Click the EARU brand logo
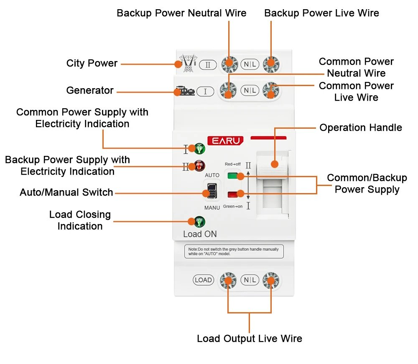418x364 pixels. point(225,141)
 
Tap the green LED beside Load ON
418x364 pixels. point(199,221)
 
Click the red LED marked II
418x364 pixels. point(199,166)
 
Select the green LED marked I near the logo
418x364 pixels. point(199,148)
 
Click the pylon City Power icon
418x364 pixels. point(186,64)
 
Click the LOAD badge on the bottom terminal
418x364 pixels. point(203,280)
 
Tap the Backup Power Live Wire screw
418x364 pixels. point(271,64)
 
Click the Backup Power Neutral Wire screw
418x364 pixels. point(229,64)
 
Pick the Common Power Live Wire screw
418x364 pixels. point(271,90)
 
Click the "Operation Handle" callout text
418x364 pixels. point(360,128)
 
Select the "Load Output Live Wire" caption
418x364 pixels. point(249,339)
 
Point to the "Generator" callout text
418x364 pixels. point(89,91)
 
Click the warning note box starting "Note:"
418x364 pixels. point(234,251)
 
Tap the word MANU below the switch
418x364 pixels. point(212,208)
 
